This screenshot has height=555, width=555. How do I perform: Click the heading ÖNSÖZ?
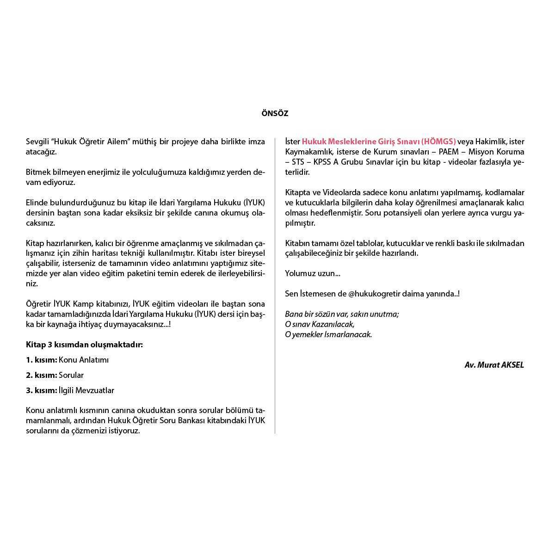coord(275,113)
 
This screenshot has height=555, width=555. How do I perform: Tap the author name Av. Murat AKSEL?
coord(494,365)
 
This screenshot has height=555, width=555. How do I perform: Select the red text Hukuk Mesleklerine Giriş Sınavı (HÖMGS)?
coord(379,142)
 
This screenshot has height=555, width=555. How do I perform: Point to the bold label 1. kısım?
coord(41,360)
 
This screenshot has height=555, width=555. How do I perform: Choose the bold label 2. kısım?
coord(41,375)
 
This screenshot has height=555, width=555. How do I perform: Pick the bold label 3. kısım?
coord(41,390)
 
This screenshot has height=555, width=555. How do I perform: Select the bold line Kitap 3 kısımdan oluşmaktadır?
coord(84,345)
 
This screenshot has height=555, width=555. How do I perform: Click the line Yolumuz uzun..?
coord(313,273)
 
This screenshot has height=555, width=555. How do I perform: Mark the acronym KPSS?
coord(323,162)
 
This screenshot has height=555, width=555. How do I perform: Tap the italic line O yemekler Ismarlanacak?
coord(328,334)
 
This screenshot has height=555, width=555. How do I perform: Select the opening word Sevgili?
coord(37,142)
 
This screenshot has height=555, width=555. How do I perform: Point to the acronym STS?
coord(298,162)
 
